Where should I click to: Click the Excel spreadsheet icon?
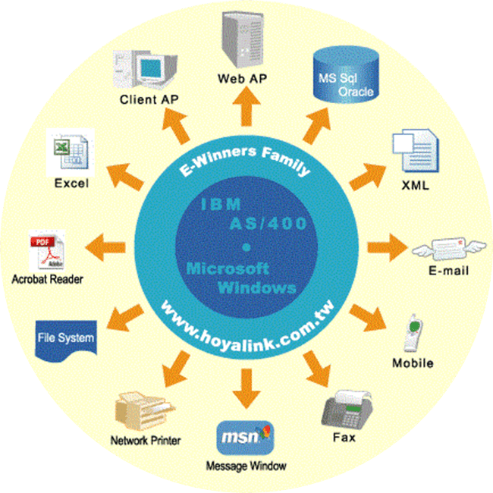(x=69, y=152)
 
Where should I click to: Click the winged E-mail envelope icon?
(x=440, y=249)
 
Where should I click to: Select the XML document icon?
(x=414, y=152)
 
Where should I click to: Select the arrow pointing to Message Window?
(x=246, y=384)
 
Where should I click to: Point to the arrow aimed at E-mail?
(x=385, y=247)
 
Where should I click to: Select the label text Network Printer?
(x=146, y=440)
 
